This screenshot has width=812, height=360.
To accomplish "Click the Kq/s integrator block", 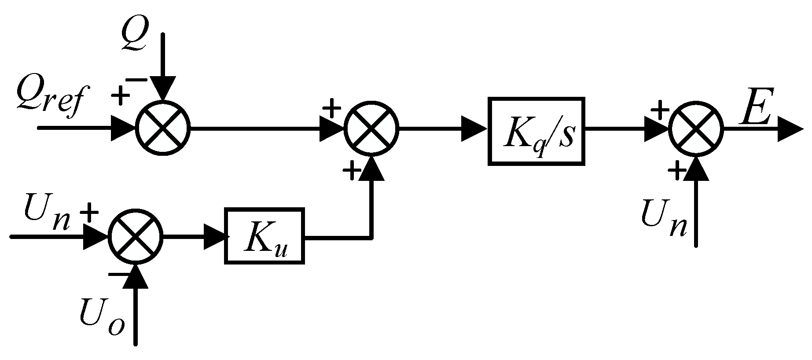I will [x=536, y=132].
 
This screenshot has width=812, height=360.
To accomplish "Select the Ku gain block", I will [x=265, y=236].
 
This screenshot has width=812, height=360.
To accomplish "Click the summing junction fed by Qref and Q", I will [x=163, y=128].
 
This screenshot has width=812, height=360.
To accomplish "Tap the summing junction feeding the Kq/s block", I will [x=371, y=128].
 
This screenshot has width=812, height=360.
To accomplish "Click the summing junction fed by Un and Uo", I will [x=136, y=236].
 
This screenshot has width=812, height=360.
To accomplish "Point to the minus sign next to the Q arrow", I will [x=136, y=80].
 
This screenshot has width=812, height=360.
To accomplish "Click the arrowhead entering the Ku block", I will [x=217, y=236].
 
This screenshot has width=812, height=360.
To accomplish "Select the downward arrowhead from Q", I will [x=163, y=88].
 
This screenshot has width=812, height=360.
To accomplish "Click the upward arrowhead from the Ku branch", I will [x=372, y=169].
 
